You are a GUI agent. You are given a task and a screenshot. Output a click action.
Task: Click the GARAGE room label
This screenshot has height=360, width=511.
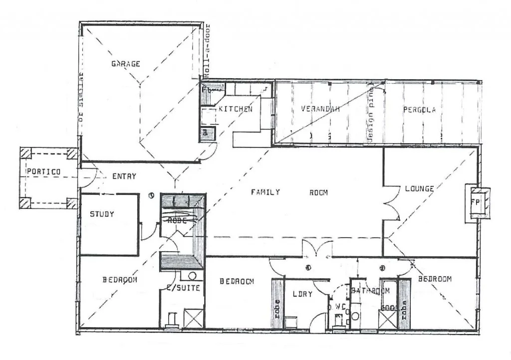pos(125,64)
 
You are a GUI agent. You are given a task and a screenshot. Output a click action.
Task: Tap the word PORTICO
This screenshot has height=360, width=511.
pos(43,172)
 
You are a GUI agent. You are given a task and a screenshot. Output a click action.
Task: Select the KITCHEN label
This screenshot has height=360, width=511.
pos(236,109)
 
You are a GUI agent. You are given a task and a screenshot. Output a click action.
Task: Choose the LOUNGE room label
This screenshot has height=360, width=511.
pos(419,188)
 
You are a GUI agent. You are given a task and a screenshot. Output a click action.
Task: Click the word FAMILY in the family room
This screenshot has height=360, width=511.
pos(265,192)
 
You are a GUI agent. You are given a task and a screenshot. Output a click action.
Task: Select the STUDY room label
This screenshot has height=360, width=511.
pos(102,214)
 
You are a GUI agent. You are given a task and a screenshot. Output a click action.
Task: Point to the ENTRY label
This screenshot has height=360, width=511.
pos(124,176)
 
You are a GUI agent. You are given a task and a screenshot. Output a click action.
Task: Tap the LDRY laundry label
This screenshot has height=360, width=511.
pos(302,294)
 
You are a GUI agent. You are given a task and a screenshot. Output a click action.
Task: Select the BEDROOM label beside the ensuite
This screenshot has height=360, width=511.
pos(120,280)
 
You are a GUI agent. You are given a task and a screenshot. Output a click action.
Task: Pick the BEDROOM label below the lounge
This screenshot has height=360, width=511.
pos(435,279)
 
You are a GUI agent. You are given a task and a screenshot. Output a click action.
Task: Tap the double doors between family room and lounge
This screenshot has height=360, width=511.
pos(392,202)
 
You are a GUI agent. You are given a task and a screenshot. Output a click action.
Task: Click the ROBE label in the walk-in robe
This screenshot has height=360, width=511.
pos(177,220)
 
